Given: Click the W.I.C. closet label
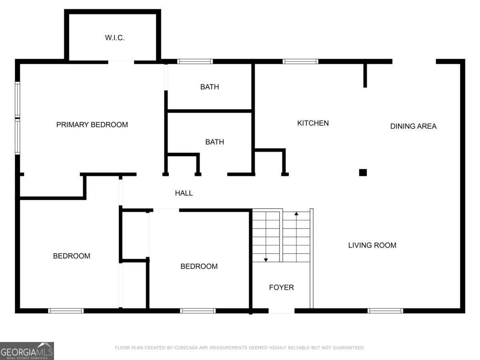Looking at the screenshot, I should click(x=115, y=38).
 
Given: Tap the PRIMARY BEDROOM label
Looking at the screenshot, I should click(x=92, y=125).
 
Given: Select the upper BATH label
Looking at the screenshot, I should click(x=210, y=87).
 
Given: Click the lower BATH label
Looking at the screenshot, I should click(x=214, y=142).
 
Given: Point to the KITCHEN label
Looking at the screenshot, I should click(x=313, y=123).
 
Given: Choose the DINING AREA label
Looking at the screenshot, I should click(x=413, y=126).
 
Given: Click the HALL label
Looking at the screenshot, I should click(x=184, y=193).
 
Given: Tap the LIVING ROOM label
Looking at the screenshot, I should click(x=372, y=245).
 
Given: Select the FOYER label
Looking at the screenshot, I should click(x=281, y=287).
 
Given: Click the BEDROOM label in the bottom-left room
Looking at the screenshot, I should click(x=72, y=256).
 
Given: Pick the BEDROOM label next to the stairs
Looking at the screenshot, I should click(x=199, y=266).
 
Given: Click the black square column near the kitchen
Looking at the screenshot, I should click(x=363, y=172).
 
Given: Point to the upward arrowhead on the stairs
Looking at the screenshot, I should click(x=296, y=214).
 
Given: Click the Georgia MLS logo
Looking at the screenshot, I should click(x=27, y=351).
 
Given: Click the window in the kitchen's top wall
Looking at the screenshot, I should click(x=300, y=62).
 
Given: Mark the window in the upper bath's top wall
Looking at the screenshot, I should click(x=195, y=62).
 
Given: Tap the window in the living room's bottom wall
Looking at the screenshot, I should click(x=385, y=311).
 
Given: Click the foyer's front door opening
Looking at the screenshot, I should click(x=281, y=311).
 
